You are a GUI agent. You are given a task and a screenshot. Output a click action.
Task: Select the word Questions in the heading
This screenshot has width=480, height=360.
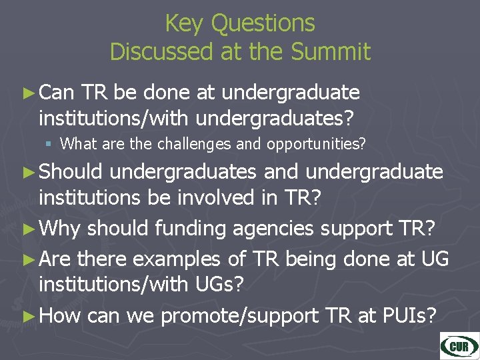(x=263, y=23)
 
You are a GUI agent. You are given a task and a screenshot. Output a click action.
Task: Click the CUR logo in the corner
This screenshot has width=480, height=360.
(x=459, y=346)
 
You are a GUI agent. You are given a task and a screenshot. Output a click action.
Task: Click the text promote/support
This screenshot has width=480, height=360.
(x=240, y=315)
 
